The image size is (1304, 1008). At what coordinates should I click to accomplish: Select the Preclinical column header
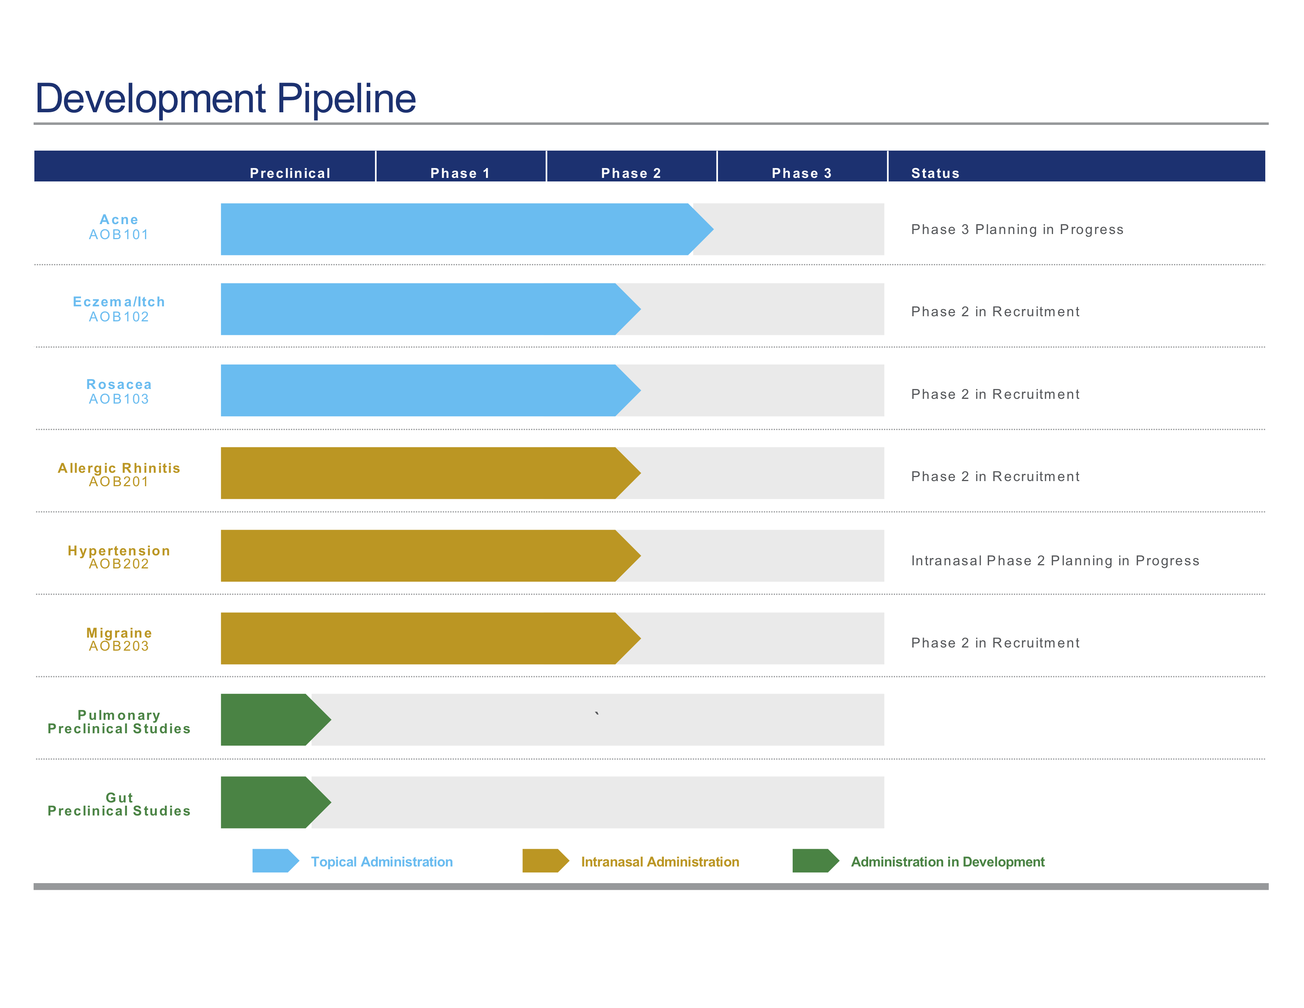click(x=290, y=173)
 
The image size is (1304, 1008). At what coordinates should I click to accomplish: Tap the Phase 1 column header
click(x=460, y=173)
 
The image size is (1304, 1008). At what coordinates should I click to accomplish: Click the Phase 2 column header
click(x=631, y=173)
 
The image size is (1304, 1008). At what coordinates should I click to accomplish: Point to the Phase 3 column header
click(x=802, y=173)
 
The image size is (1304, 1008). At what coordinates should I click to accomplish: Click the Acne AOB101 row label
click(x=119, y=227)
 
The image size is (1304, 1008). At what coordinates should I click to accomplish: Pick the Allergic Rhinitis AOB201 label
click(x=119, y=475)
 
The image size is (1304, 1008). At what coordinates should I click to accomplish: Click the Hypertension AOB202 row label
click(x=119, y=557)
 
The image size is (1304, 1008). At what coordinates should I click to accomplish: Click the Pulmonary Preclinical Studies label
click(x=119, y=722)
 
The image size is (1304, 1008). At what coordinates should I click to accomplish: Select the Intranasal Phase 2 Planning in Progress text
click(x=1055, y=561)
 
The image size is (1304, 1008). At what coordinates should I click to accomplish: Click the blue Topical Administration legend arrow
click(x=275, y=861)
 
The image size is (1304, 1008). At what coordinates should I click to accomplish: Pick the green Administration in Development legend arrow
click(x=816, y=861)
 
